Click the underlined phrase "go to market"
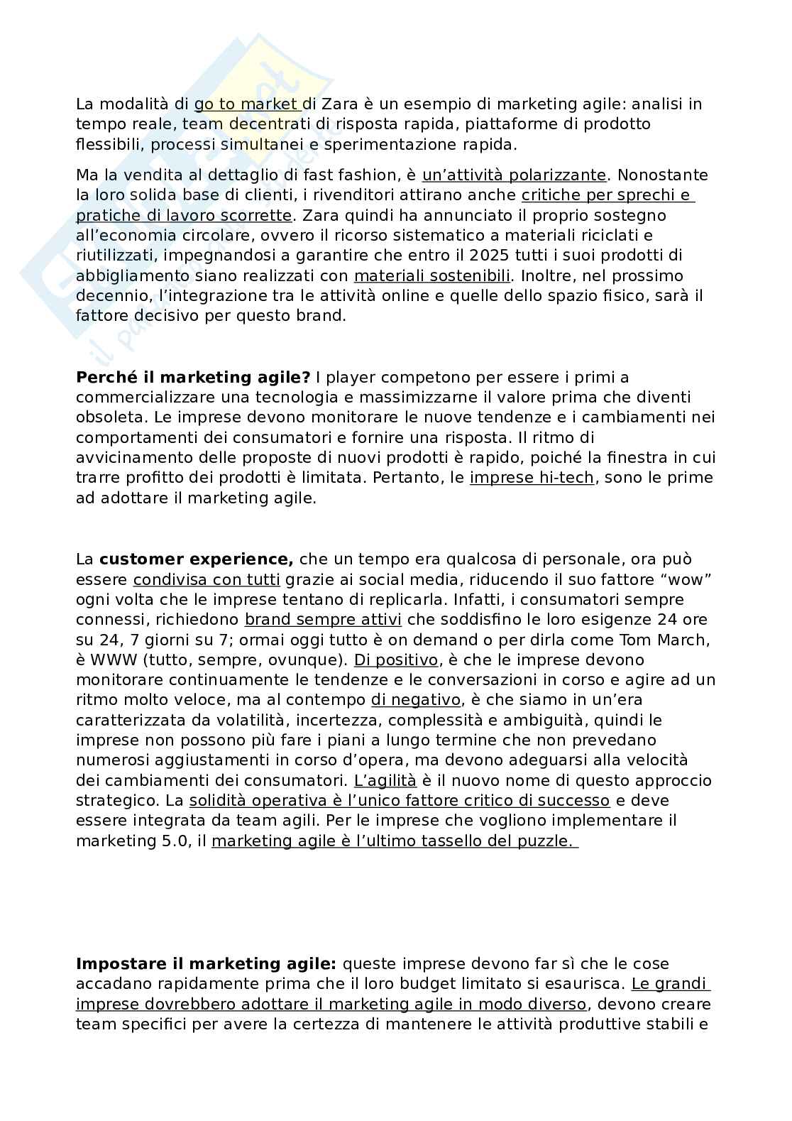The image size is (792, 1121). tap(246, 104)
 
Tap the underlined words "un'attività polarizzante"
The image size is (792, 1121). tap(515, 175)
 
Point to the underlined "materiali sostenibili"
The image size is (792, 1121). tap(432, 275)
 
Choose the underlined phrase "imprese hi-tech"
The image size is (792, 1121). tap(532, 478)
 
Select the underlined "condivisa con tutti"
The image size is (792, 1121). tap(207, 579)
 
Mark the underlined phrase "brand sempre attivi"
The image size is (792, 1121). tap(323, 620)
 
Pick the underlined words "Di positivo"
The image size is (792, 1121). tap(396, 660)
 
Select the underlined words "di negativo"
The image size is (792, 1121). tap(416, 700)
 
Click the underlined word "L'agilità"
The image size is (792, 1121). tap(385, 780)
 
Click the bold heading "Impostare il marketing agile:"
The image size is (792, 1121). tap(206, 964)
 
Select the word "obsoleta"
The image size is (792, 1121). tap(106, 417)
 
